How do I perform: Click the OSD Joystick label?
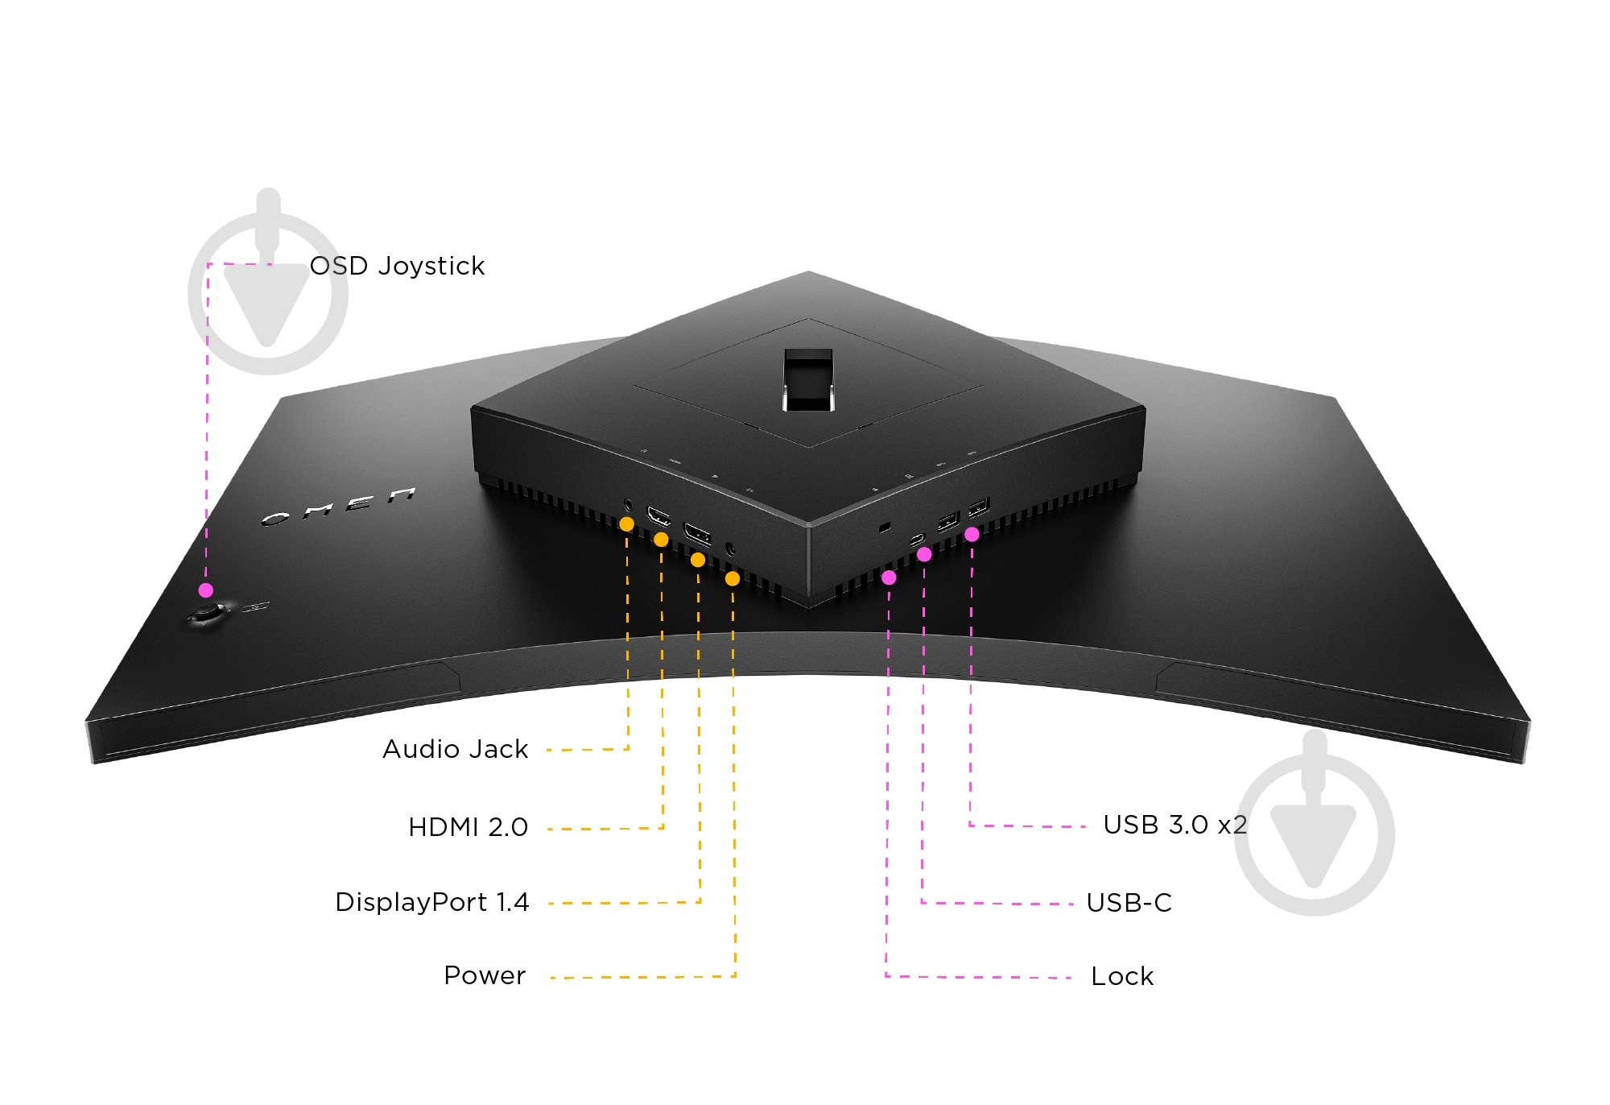[397, 266]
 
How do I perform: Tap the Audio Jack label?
[455, 749]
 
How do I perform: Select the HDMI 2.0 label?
[468, 827]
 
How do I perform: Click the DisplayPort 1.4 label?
[431, 902]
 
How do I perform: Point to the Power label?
[485, 975]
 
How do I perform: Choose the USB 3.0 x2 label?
[1174, 825]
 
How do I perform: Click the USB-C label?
[1129, 903]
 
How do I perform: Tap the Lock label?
[1122, 977]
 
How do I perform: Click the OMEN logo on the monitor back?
[338, 507]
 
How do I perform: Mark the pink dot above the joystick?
[206, 590]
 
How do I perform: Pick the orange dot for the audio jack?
[626, 524]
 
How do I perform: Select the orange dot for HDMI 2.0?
[661, 540]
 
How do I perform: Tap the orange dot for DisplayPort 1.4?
[698, 560]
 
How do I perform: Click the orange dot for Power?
[733, 578]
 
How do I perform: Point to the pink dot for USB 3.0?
[972, 534]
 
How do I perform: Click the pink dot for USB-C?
[924, 554]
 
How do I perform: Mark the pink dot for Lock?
[889, 577]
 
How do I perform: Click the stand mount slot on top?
[808, 379]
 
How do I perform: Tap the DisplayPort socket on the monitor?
[696, 533]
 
